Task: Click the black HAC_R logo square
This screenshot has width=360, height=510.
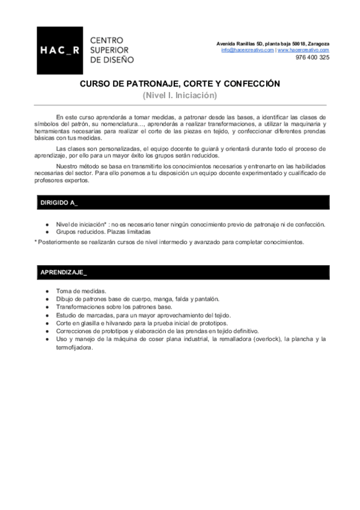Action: (x=59, y=51)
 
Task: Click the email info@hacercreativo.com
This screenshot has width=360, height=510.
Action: (x=248, y=50)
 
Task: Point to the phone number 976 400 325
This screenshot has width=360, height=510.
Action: (x=313, y=58)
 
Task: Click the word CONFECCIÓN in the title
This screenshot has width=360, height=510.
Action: (x=252, y=85)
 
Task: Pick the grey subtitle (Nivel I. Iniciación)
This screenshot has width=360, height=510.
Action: (x=180, y=95)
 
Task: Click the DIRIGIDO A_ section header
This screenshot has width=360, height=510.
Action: (x=59, y=203)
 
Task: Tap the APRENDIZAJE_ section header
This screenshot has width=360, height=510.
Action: (x=63, y=272)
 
